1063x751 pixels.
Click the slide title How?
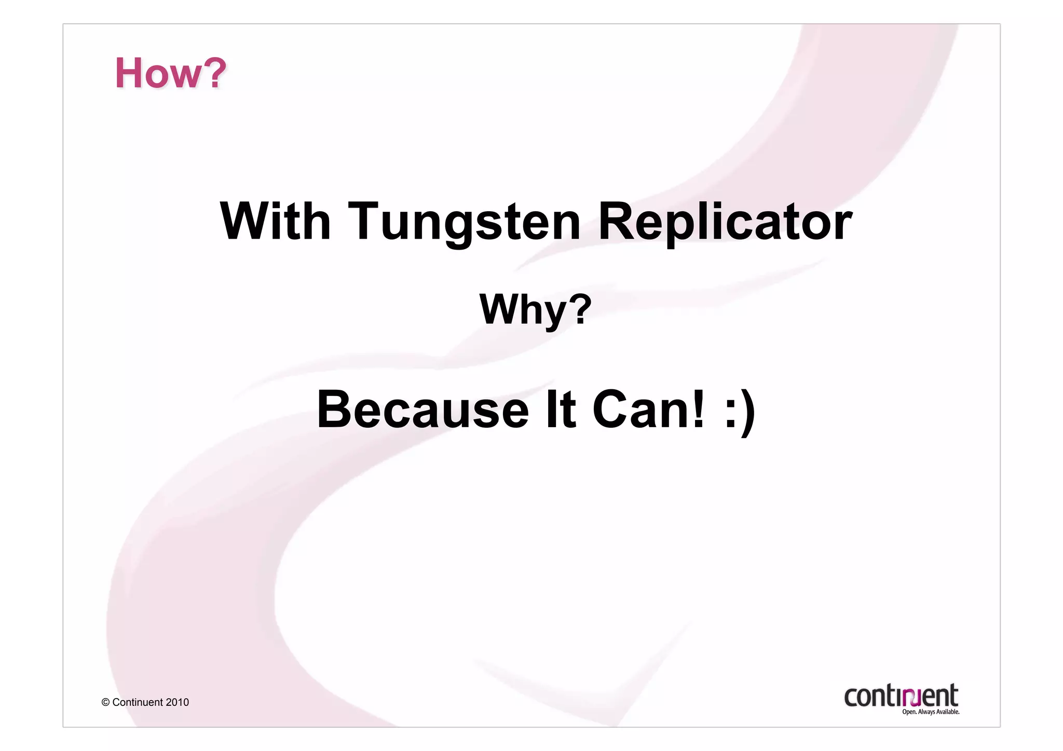pos(170,73)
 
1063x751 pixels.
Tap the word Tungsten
pos(464,222)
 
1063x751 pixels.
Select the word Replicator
pos(725,222)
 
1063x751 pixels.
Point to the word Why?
pos(535,310)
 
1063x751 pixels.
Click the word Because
pos(423,409)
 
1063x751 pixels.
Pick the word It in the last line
pos(561,409)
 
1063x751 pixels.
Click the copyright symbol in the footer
pos(105,702)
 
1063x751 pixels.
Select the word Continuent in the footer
pos(138,702)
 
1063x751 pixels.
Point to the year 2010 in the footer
pos(178,702)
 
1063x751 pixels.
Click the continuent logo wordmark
pos(901,695)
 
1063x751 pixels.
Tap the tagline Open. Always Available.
pos(930,712)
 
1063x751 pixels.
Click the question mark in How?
pos(214,73)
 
